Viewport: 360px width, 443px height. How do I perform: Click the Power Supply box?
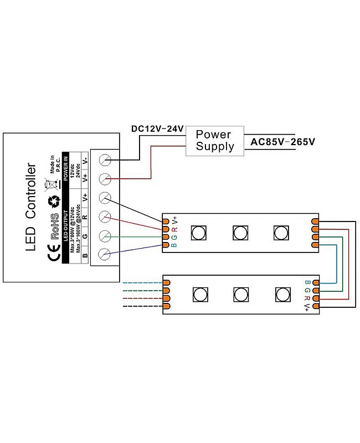tap(214, 141)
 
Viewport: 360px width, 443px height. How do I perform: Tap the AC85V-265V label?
tap(282, 142)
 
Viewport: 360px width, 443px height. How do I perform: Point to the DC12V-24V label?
tap(157, 129)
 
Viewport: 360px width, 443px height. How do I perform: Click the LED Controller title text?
tap(31, 207)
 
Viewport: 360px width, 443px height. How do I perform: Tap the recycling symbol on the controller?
tap(55, 202)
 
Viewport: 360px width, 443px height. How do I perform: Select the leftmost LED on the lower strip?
tap(198, 293)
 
